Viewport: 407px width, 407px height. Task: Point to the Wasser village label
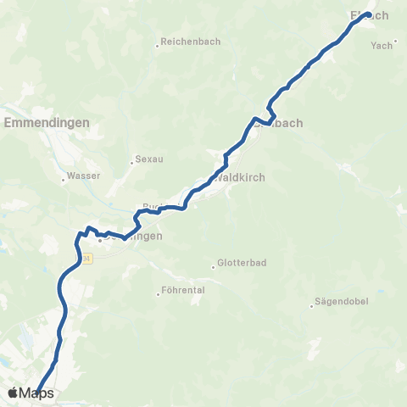click(85, 176)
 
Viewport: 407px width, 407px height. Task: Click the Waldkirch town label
click(242, 178)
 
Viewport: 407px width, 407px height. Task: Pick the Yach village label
click(381, 46)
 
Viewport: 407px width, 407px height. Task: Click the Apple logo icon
click(13, 393)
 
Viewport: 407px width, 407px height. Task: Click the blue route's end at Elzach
click(369, 14)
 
